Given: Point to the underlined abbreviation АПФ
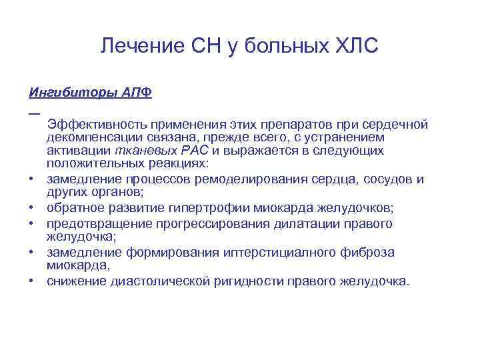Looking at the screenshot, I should pyautogui.click(x=137, y=92).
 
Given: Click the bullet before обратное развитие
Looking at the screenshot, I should pyautogui.click(x=32, y=208).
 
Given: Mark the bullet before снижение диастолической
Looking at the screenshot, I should pyautogui.click(x=32, y=282).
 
